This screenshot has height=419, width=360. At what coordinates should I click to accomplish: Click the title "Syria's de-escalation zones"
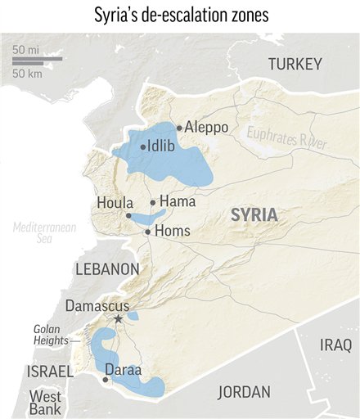(179, 16)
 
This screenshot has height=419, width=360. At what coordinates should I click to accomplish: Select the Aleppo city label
(206, 128)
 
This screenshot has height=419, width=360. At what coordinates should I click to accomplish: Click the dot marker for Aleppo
(179, 128)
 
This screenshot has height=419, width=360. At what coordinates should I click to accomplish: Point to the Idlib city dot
(142, 147)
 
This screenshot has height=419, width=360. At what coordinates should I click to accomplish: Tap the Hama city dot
(153, 202)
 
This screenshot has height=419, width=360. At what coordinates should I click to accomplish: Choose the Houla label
(110, 201)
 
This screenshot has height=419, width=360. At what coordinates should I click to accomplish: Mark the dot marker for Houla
(128, 215)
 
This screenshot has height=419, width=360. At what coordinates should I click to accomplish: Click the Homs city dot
(147, 232)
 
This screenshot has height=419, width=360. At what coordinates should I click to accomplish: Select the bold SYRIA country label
(254, 215)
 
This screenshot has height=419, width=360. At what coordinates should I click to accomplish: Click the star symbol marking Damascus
(119, 318)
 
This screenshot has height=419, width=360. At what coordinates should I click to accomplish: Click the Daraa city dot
(105, 380)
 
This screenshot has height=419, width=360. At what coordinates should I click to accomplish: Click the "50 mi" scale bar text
(26, 50)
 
